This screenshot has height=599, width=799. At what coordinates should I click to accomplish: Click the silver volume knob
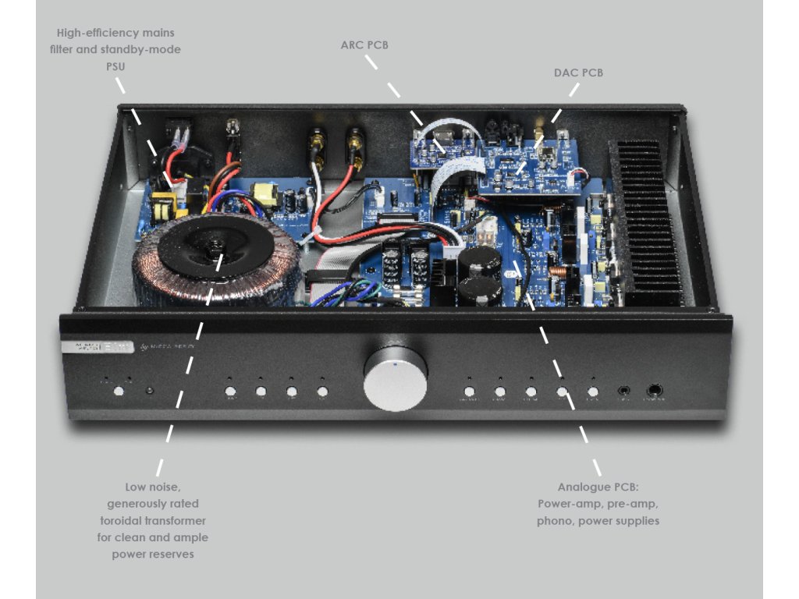[396, 380]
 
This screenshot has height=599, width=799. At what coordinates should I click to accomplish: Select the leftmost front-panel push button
[119, 392]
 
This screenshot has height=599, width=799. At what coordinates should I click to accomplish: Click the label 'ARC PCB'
[364, 45]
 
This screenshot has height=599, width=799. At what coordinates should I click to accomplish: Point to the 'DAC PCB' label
[578, 73]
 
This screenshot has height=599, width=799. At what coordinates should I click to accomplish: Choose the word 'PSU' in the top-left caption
[115, 67]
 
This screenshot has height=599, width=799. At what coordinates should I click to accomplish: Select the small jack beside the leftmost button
[149, 392]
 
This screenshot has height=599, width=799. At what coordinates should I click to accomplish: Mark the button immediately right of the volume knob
[469, 392]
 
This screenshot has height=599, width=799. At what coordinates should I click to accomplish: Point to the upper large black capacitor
[478, 264]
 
